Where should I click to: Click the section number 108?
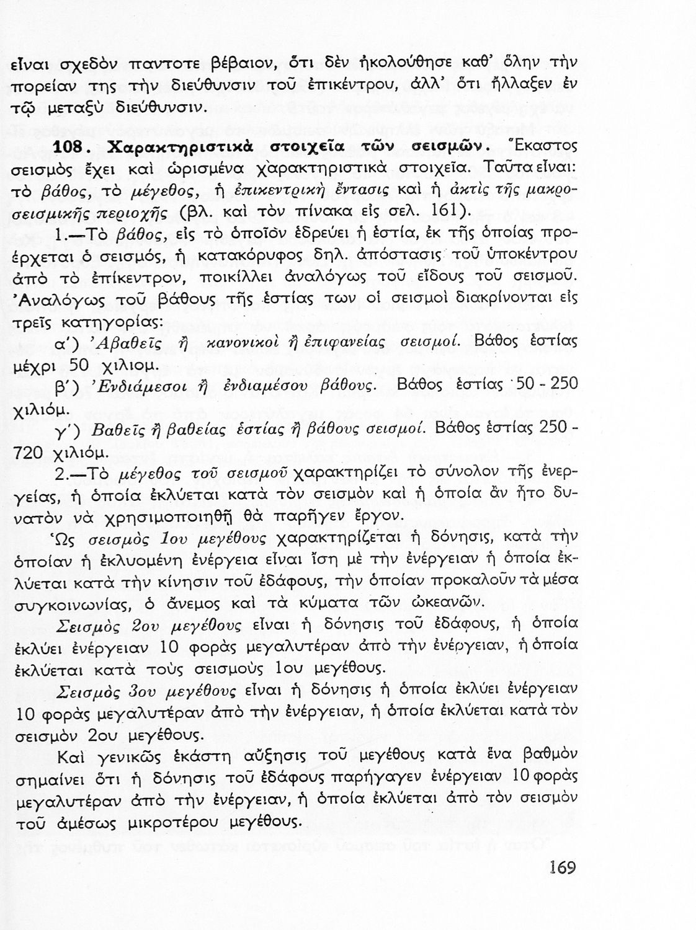pyautogui.click(x=74, y=149)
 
